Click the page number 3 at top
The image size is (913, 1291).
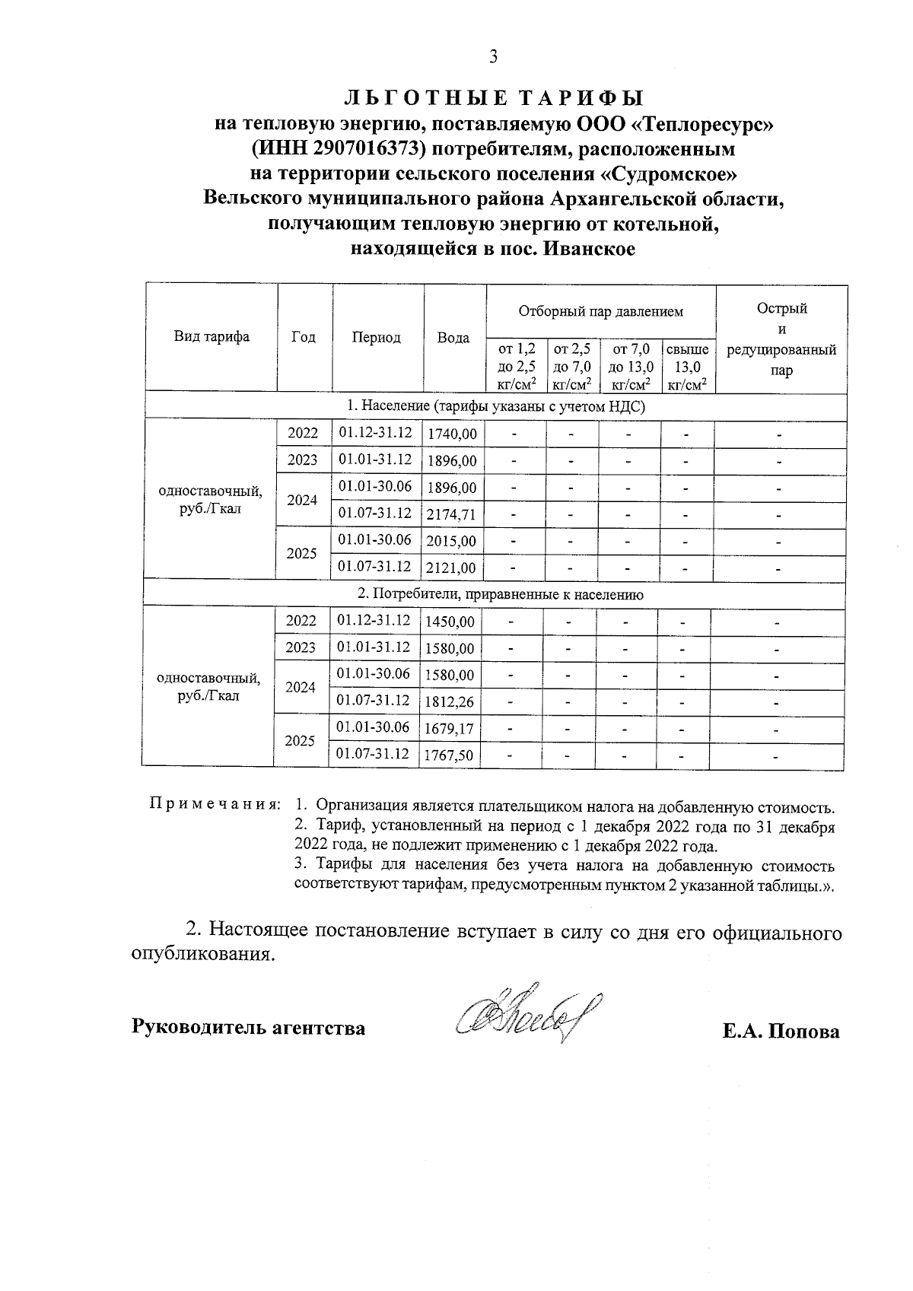(493, 57)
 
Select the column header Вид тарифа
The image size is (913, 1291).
(212, 337)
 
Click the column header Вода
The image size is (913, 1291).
(453, 338)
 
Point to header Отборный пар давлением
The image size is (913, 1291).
(600, 311)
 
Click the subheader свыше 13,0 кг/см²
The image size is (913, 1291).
(687, 367)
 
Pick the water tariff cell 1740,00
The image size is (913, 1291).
(452, 434)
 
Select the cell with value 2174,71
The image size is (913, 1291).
(452, 514)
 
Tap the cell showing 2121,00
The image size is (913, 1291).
(452, 568)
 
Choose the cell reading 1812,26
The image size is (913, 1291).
(450, 701)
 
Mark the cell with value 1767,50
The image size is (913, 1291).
(450, 755)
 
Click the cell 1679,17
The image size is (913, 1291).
(450, 729)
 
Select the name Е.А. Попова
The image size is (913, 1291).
(781, 1032)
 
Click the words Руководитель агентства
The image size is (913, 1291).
(249, 1029)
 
